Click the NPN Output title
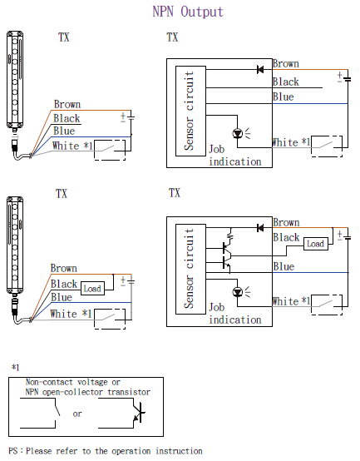tap(188, 12)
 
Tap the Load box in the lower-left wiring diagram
tap(92, 289)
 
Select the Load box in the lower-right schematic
tap(315, 244)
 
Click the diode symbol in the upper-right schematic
tap(260, 70)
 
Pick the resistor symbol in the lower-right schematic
tap(230, 236)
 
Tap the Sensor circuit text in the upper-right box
tap(189, 111)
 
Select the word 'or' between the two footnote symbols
tap(77, 414)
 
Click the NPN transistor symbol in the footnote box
tap(138, 413)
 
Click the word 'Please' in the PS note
tap(40, 451)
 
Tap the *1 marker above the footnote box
tap(15, 367)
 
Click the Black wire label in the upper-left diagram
tap(67, 118)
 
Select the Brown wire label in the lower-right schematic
tap(286, 222)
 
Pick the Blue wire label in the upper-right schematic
tap(284, 97)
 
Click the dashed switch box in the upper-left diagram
tap(110, 150)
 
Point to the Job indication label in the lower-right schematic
tap(235, 314)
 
